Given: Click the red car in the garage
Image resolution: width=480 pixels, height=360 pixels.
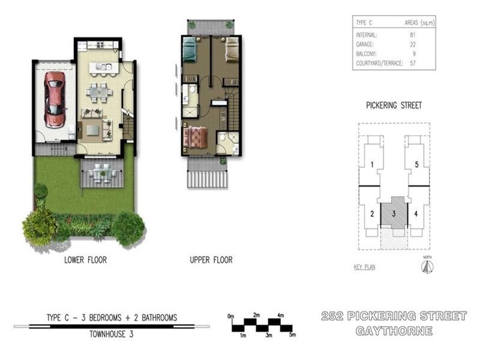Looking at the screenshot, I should click(55, 100).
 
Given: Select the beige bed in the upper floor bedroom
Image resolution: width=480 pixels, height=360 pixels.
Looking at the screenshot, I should click(232, 50).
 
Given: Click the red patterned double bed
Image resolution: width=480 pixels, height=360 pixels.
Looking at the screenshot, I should click(195, 137).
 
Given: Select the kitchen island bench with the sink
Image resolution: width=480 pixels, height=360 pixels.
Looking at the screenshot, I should click(101, 67).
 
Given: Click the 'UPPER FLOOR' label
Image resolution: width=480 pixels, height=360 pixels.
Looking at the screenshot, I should click(211, 260).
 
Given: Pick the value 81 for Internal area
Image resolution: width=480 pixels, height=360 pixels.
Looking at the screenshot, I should click(412, 35).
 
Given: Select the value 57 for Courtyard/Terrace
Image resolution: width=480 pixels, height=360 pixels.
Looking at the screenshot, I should click(412, 62).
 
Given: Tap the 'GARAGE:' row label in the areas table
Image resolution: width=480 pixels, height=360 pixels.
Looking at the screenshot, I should click(365, 44).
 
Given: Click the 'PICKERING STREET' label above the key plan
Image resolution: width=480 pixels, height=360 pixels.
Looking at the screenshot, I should click(394, 106).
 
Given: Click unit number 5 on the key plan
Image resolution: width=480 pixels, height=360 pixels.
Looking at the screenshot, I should click(416, 164).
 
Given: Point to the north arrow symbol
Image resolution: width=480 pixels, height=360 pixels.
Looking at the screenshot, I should click(427, 266).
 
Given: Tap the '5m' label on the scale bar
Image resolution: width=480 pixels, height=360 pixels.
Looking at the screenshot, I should click(292, 335).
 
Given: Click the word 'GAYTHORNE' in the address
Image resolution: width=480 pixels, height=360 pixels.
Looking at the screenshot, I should click(394, 331).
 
